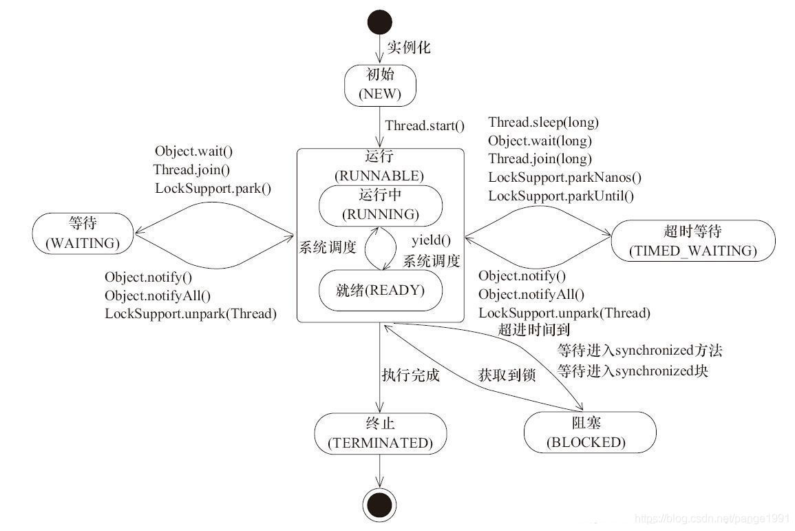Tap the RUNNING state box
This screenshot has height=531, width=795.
pos(380,205)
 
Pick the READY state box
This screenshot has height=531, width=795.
pos(380,290)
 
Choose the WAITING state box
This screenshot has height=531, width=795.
pos(82,233)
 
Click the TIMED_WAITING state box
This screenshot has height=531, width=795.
pos(692,240)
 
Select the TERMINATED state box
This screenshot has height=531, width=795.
pos(380,433)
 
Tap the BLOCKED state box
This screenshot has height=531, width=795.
pos(586,433)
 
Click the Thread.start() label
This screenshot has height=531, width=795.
pos(425,126)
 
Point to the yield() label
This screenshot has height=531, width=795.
pos(431,240)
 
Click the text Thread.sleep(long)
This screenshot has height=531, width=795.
pos(543,123)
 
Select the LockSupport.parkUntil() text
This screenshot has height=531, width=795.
pos(561,196)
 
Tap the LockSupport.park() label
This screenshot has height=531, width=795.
pos(213,187)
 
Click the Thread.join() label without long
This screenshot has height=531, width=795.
pos(191,169)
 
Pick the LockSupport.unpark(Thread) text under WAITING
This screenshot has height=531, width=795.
pos(191,313)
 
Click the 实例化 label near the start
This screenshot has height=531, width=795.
pos(409,48)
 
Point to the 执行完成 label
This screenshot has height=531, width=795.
pos(410,376)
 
